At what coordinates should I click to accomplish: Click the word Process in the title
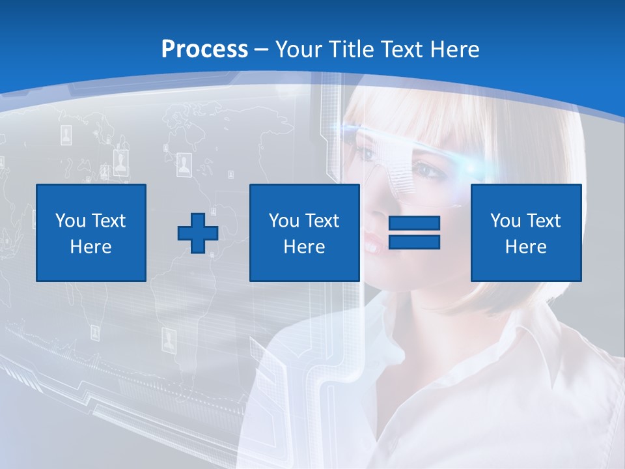click(204, 49)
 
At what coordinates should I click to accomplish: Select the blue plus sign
click(198, 233)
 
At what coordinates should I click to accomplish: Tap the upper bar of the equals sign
click(414, 223)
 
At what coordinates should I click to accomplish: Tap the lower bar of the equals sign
click(414, 242)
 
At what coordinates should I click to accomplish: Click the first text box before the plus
click(91, 233)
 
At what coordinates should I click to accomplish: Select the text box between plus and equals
click(305, 233)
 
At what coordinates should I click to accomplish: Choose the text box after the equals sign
click(526, 233)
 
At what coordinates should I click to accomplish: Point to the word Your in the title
click(299, 49)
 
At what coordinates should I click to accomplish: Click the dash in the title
click(262, 50)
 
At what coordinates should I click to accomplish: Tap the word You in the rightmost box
click(505, 221)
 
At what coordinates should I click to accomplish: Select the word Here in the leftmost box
click(91, 247)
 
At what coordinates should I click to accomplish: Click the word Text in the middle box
click(322, 221)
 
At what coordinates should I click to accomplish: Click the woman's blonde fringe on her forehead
click(417, 117)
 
